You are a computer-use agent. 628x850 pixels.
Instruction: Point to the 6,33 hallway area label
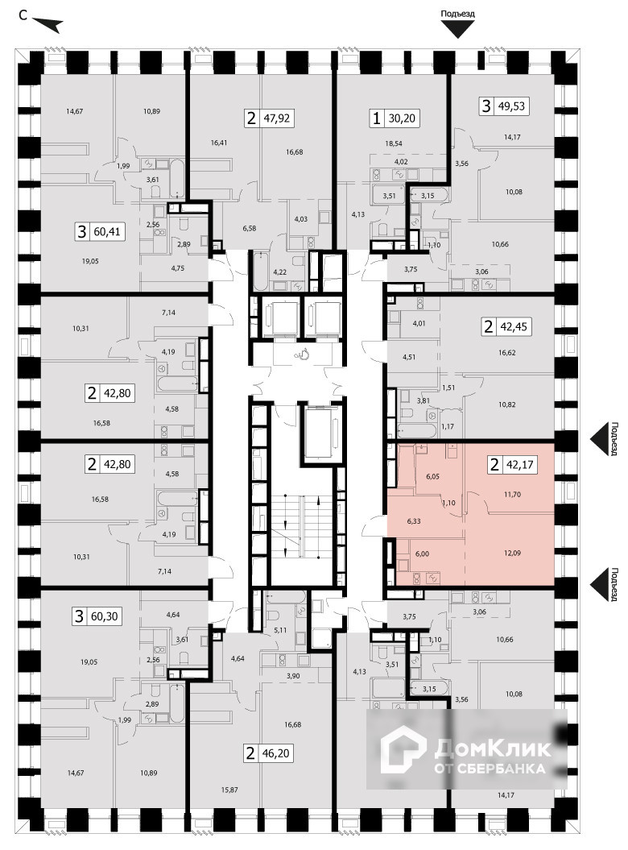(415, 521)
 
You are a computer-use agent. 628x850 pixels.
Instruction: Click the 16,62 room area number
(506, 352)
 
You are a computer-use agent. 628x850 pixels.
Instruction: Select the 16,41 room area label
(220, 143)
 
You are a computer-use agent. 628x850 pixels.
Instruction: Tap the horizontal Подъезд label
(458, 14)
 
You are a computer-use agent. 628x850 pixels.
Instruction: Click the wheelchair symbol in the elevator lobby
(304, 353)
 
